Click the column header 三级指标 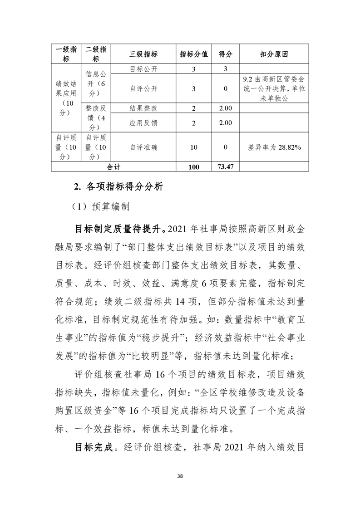click(x=143, y=54)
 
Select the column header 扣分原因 click(x=274, y=54)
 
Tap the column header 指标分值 click(x=194, y=54)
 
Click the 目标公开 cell click(x=143, y=69)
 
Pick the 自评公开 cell click(x=143, y=88)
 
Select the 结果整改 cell click(x=143, y=108)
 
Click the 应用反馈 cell click(x=143, y=123)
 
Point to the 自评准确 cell click(x=143, y=147)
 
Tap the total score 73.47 click(x=225, y=167)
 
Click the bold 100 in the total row click(x=194, y=167)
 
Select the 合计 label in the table click(x=113, y=167)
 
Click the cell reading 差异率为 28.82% click(x=274, y=147)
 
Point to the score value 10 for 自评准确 click(x=194, y=147)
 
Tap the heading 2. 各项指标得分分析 click(x=118, y=186)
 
